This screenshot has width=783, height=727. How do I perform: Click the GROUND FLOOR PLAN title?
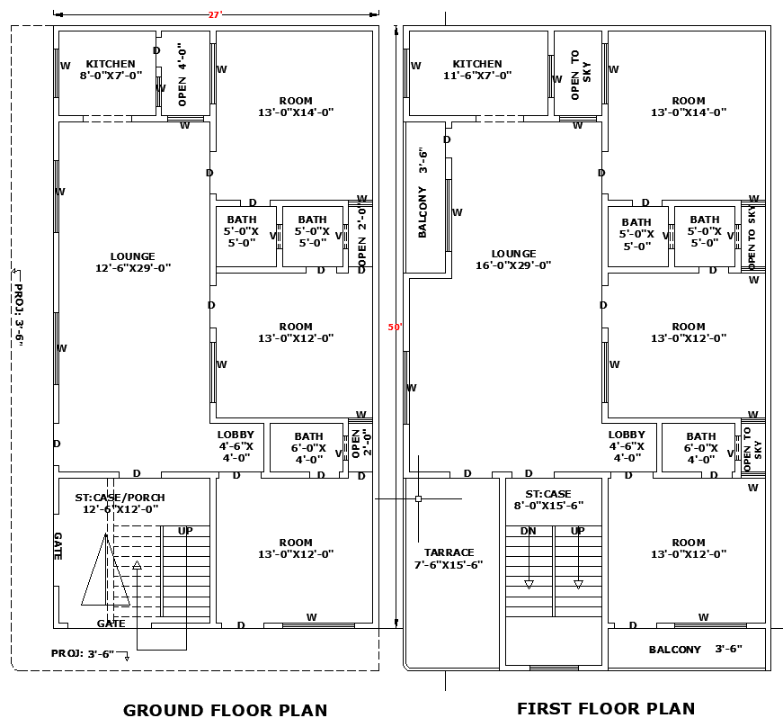(x=225, y=710)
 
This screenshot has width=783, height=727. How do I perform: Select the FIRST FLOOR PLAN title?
(x=606, y=708)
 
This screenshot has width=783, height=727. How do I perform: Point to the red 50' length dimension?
(x=394, y=328)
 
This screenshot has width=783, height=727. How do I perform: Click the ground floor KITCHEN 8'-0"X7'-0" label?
(x=111, y=70)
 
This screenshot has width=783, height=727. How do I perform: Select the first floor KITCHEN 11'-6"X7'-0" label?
(x=477, y=70)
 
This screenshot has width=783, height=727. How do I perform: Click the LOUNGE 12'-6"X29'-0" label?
(x=133, y=262)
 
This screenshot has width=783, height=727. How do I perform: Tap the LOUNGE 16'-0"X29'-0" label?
(x=513, y=259)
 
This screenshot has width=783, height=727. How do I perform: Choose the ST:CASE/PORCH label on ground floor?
(x=120, y=503)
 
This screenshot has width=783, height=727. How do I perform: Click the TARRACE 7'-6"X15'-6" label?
(x=449, y=559)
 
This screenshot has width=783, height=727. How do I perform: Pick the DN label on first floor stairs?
(x=529, y=531)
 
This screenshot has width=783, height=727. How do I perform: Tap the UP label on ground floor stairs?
(x=185, y=531)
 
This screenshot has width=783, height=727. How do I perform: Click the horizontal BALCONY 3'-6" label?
(x=695, y=650)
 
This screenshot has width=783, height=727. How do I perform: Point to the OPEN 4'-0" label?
(x=182, y=75)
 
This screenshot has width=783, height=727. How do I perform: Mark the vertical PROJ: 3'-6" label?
(x=17, y=315)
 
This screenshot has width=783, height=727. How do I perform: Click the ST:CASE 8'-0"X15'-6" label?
(x=548, y=500)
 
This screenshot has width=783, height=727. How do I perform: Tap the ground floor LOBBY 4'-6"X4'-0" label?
(x=236, y=446)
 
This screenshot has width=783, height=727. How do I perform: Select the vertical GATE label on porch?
(x=58, y=545)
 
